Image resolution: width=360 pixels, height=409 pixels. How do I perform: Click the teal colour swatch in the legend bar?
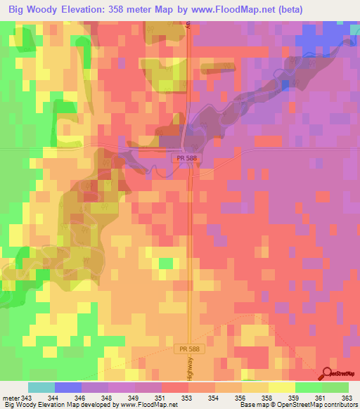pos(41,388)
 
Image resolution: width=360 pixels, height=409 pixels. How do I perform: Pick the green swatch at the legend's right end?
pos(335,388)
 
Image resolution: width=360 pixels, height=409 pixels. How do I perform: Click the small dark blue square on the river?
pos(285,84)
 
